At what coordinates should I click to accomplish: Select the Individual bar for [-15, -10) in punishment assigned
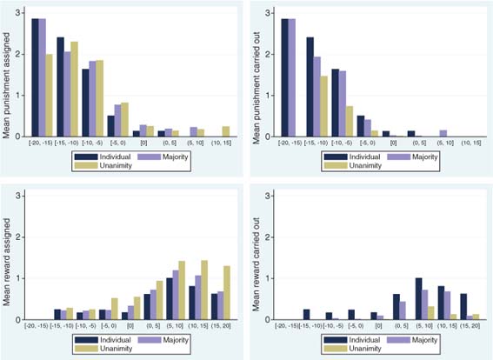pyautogui.click(x=61, y=87)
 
